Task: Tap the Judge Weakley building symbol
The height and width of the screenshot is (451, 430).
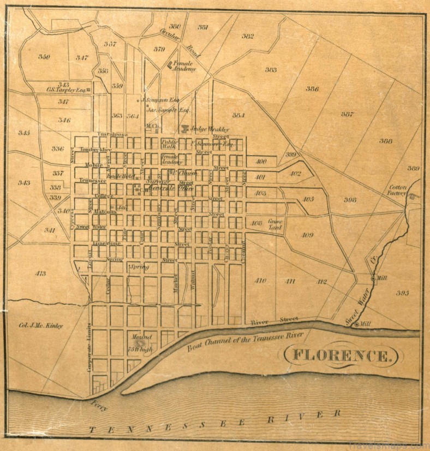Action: pos(185,129)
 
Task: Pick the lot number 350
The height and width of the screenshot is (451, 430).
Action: pos(45,57)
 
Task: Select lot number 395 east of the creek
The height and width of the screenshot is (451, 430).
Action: pos(402,293)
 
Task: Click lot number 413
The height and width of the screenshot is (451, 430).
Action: pos(40,273)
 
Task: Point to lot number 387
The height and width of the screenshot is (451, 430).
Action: pos(347,114)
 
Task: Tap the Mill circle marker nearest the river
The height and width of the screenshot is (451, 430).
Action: pos(357,324)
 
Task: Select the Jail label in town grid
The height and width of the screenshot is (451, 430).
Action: pos(122,208)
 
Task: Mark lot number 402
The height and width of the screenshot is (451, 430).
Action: pos(295,173)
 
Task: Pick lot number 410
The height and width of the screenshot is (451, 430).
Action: pos(260,281)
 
